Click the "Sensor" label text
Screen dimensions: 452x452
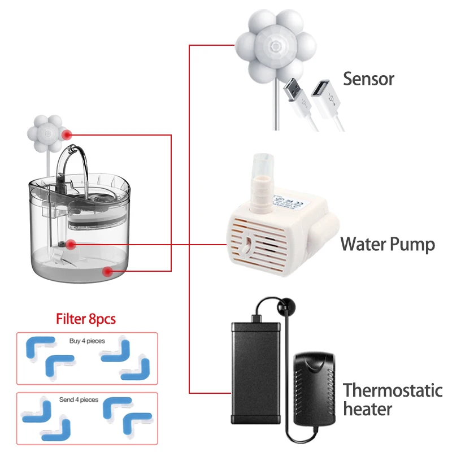click(368, 79)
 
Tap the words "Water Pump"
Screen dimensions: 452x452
click(388, 245)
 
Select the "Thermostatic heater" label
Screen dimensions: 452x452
click(392, 399)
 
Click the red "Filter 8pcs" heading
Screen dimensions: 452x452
click(86, 319)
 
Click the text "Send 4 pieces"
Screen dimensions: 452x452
click(79, 399)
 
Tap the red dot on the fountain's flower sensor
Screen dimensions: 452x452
click(68, 134)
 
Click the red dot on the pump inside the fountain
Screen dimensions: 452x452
click(70, 245)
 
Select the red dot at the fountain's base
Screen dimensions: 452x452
click(107, 271)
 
